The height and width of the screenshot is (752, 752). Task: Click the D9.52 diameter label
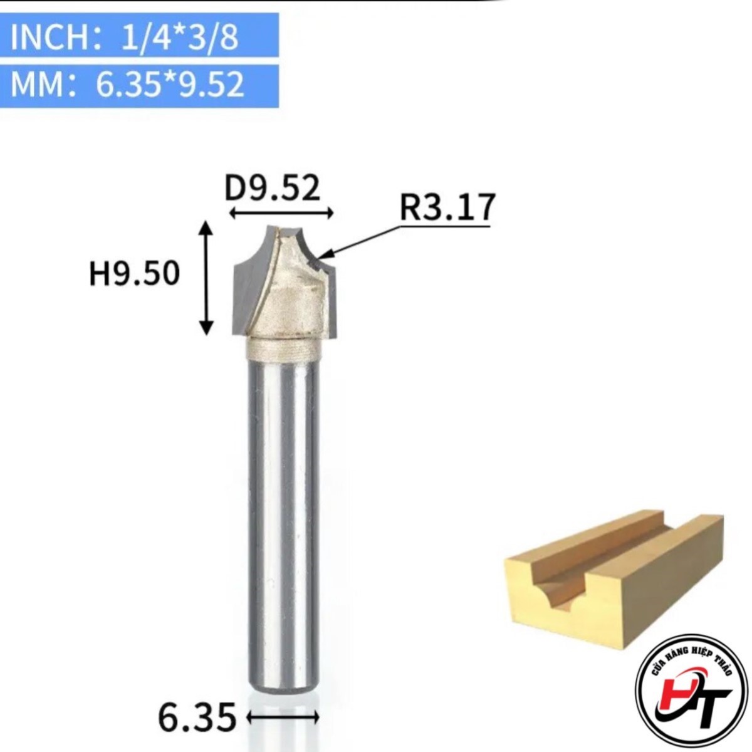(x=273, y=188)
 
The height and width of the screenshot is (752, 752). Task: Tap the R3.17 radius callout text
(x=446, y=207)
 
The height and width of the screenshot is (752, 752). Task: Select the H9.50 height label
(x=135, y=274)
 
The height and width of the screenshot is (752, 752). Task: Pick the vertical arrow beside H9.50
(x=206, y=278)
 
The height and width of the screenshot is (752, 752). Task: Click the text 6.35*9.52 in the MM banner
(x=170, y=85)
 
